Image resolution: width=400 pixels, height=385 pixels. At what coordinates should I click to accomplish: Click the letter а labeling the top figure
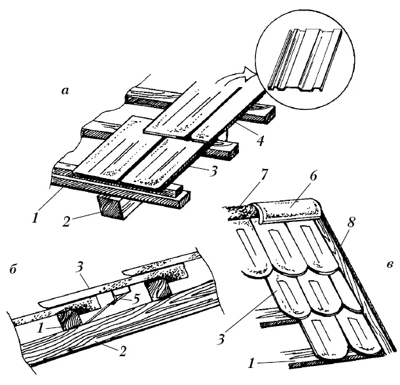tap(65, 91)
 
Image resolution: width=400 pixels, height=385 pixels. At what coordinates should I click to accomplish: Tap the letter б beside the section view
tap(13, 269)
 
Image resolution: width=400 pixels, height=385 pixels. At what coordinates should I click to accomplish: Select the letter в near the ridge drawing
tap(390, 265)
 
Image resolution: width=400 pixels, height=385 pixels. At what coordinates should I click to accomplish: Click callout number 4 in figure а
tap(260, 141)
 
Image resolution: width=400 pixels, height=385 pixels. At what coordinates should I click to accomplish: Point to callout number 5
tap(136, 299)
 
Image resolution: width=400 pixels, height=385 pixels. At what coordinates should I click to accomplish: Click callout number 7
tap(263, 175)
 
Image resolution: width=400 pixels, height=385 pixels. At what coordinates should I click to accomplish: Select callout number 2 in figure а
tap(66, 221)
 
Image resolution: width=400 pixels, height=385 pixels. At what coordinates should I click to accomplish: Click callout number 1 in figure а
tap(35, 219)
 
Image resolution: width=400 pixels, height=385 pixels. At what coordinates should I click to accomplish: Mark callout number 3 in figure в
tap(221, 339)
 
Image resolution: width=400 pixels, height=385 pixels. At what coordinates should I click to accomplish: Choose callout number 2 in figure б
tap(122, 352)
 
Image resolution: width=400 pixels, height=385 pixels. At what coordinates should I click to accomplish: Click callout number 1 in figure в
tap(252, 363)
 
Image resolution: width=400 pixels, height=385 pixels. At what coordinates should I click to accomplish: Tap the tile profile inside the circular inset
tap(304, 60)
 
